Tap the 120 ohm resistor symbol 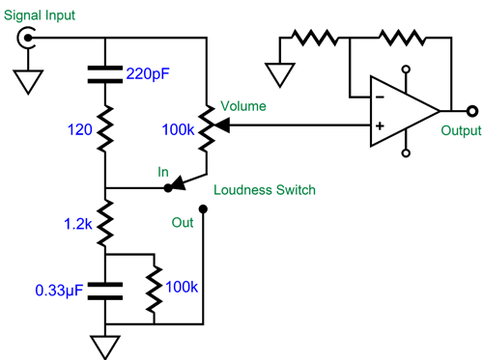coord(104,125)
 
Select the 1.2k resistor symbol coord(104,219)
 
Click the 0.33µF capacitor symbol coord(104,289)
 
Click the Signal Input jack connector coord(28,38)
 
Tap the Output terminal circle coord(470,110)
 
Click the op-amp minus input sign coord(380,96)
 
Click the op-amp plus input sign coord(380,125)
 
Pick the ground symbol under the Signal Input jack coord(28,82)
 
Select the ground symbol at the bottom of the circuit coord(104,346)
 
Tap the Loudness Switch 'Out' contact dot coord(204,208)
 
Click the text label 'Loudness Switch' coord(264,190)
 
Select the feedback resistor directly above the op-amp coord(400,38)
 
